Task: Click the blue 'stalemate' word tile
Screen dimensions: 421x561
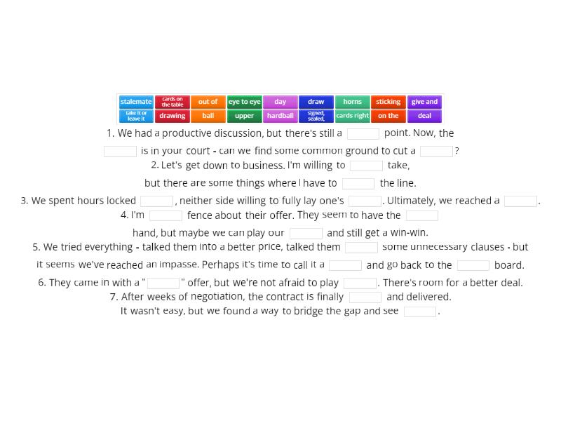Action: point(136,102)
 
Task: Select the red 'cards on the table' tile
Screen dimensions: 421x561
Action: point(172,102)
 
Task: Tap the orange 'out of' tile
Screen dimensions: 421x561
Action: point(208,102)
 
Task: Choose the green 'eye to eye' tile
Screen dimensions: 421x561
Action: point(244,102)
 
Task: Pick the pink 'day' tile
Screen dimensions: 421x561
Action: point(280,102)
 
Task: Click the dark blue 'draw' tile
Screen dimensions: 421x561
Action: point(316,102)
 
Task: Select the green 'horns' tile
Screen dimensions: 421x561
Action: point(352,102)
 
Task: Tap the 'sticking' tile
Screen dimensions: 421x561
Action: point(388,102)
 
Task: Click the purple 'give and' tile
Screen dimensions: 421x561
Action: point(424,102)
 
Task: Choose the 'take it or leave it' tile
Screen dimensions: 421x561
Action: point(136,116)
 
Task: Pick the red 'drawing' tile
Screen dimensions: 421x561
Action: point(172,116)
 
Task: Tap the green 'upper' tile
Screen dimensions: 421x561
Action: point(244,116)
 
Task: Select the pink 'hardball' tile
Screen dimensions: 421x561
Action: point(280,116)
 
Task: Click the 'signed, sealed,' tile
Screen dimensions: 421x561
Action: point(316,116)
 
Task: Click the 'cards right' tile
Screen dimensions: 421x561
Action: point(352,116)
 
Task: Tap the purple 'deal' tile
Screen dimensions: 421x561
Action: point(424,116)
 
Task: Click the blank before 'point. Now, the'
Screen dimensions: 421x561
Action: point(363,133)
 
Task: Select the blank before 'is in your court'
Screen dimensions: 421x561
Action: point(120,151)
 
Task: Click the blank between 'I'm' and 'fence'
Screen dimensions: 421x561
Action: point(165,215)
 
